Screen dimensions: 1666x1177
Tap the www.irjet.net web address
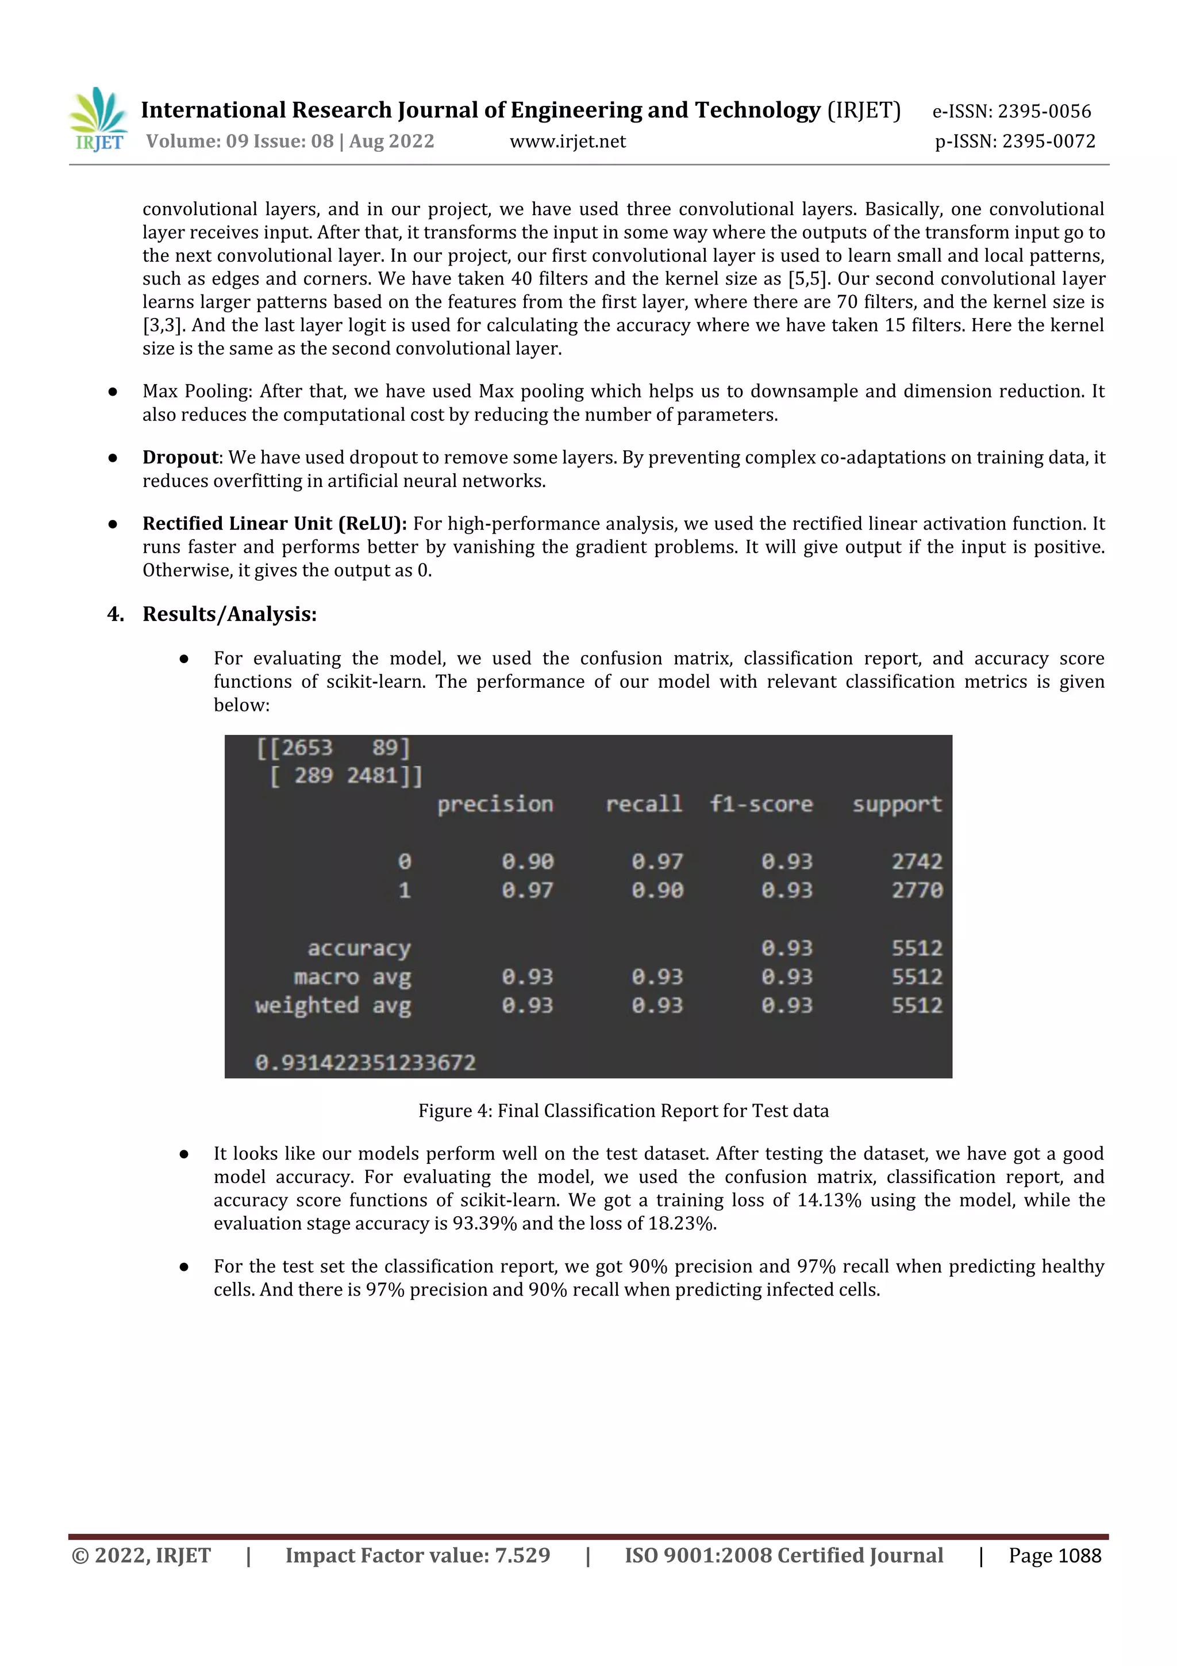pyautogui.click(x=567, y=141)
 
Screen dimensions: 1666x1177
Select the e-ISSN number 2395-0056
pyautogui.click(x=1044, y=111)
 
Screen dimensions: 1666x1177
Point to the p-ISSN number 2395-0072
pyautogui.click(x=1048, y=141)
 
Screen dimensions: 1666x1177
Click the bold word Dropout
pyautogui.click(x=180, y=457)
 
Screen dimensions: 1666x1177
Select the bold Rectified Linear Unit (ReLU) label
pyautogui.click(x=274, y=523)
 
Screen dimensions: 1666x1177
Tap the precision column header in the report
pyautogui.click(x=495, y=804)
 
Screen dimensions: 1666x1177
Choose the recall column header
pyautogui.click(x=643, y=804)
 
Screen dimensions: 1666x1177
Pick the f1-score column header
pyautogui.click(x=761, y=804)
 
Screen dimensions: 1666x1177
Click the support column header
pyautogui.click(x=897, y=804)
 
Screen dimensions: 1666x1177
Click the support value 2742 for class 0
pyautogui.click(x=917, y=861)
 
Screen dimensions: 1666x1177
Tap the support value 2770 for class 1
pyautogui.click(x=917, y=890)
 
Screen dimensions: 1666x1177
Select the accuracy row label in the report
pyautogui.click(x=359, y=948)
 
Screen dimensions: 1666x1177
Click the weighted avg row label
pyautogui.click(x=333, y=1006)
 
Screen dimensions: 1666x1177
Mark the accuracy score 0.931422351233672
pyautogui.click(x=366, y=1062)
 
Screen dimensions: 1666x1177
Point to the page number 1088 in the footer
pyautogui.click(x=1079, y=1555)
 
